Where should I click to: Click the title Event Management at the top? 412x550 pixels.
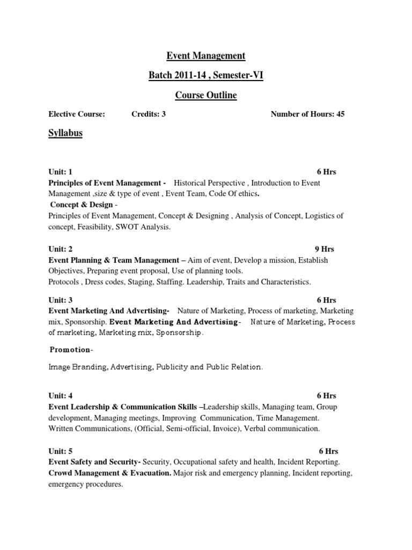point(206,55)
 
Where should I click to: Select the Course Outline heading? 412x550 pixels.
point(206,96)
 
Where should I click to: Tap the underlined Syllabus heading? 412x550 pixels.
point(65,133)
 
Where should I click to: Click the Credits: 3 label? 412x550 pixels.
point(149,114)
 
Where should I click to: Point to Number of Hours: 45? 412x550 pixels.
point(307,114)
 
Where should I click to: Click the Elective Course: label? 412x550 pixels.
point(77,114)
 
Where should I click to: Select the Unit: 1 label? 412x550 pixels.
point(60,172)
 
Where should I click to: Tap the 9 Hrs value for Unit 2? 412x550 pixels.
point(324,249)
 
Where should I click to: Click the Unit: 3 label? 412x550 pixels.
point(60,300)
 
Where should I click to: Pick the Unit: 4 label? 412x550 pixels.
point(60,396)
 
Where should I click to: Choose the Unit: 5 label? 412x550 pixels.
point(60,451)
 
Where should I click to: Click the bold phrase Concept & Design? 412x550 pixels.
point(82,205)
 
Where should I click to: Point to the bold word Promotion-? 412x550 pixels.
point(71,350)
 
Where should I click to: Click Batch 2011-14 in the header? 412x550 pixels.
point(175,76)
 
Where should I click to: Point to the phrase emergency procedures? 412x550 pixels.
point(85,484)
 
